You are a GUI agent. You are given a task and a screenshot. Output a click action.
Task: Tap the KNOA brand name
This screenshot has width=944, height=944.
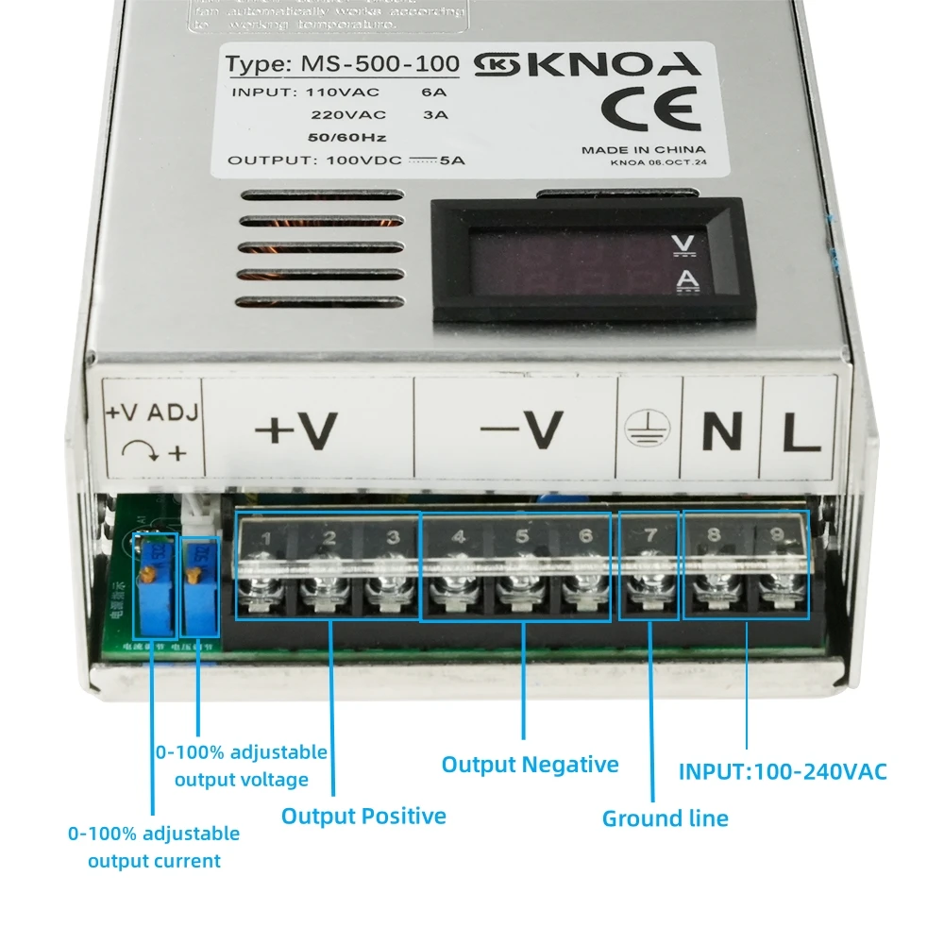point(624,64)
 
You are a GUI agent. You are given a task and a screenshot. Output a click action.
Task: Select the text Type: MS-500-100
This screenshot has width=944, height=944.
point(343,65)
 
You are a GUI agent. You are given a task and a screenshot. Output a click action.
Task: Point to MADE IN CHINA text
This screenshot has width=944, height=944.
point(643,149)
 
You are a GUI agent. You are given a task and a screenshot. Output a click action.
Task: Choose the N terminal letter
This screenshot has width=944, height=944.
point(721,432)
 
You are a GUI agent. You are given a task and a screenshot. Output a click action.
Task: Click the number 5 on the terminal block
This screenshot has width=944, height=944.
point(522,537)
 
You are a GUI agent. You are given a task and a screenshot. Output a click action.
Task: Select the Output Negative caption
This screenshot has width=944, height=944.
point(530,764)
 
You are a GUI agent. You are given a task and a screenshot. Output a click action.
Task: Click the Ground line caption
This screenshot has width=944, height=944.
point(665,818)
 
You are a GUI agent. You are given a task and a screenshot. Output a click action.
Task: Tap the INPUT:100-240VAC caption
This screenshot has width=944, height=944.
point(783,771)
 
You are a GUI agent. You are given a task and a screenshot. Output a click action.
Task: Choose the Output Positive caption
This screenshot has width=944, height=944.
point(363,816)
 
